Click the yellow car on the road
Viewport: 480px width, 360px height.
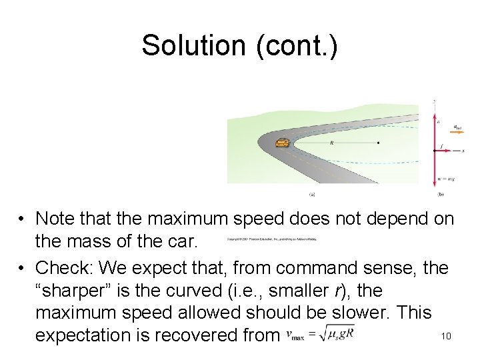click(x=283, y=143)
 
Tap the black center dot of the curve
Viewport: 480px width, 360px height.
click(x=378, y=143)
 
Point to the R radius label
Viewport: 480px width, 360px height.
click(x=331, y=142)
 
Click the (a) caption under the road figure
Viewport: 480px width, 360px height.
click(x=313, y=194)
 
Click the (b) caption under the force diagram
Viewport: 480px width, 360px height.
click(x=441, y=194)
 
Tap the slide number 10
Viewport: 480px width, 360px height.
click(x=446, y=336)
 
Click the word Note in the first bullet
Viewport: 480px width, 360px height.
click(x=56, y=218)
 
